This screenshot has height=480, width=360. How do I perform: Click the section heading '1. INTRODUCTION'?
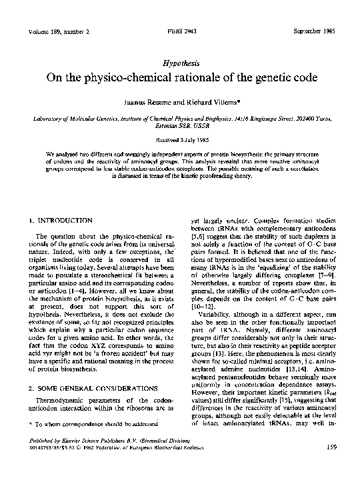click(x=61, y=219)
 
